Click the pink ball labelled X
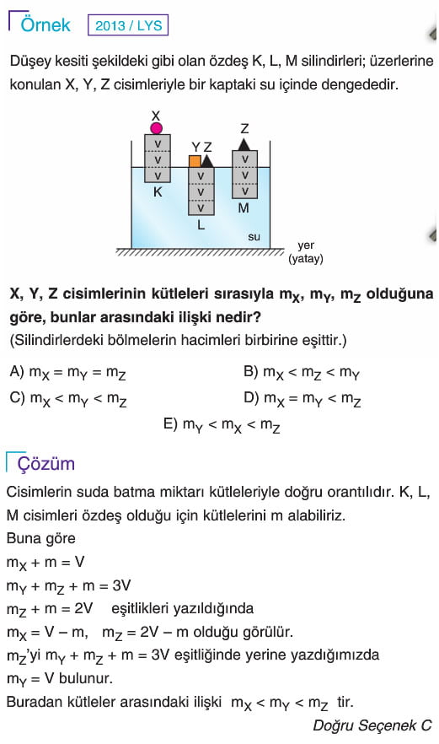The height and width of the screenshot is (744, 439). click(157, 128)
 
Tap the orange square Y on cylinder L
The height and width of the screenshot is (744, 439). click(195, 161)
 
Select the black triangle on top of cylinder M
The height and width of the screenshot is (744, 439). click(244, 145)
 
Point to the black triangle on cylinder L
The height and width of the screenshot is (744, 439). click(207, 161)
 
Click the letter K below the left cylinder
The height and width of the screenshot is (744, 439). click(158, 192)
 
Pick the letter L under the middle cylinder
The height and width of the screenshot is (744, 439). click(201, 225)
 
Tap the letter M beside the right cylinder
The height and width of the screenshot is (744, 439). click(244, 208)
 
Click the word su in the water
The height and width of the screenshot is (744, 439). click(254, 236)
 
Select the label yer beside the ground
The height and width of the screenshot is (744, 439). click(306, 245)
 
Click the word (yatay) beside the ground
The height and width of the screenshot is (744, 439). click(306, 259)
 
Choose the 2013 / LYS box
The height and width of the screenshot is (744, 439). click(128, 25)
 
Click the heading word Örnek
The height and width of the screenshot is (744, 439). click(46, 24)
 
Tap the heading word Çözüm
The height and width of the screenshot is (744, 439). click(46, 464)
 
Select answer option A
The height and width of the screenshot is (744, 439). click(67, 373)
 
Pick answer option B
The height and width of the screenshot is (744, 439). click(302, 373)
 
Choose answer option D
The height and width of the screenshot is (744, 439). click(302, 398)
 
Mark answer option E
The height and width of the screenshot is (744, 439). click(222, 424)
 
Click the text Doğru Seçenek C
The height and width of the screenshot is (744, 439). click(372, 725)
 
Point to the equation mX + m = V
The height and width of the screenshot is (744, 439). click(46, 563)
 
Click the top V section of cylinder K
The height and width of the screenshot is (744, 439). click(158, 143)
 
